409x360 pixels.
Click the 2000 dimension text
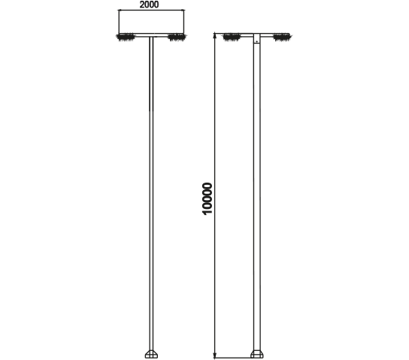(x=149, y=5)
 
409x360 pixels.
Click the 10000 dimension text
(x=208, y=198)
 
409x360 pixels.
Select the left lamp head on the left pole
(x=126, y=37)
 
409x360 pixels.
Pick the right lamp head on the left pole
(x=177, y=37)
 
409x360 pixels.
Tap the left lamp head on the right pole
(x=232, y=37)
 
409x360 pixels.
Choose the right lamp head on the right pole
(x=282, y=37)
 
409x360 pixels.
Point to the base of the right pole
(x=257, y=354)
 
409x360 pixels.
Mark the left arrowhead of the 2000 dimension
(x=121, y=11)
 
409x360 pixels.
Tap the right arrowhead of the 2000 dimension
(x=182, y=11)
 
